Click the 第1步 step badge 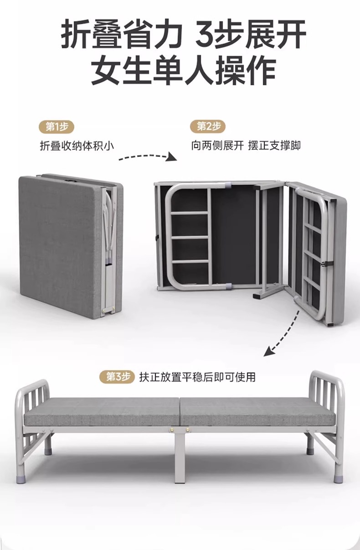57,126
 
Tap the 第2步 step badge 208,126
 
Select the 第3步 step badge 118,377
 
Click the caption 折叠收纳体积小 76,146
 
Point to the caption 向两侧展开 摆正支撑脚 246,146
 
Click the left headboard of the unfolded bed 32,401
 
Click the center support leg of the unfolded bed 180,456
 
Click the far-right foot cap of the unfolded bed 338,479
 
